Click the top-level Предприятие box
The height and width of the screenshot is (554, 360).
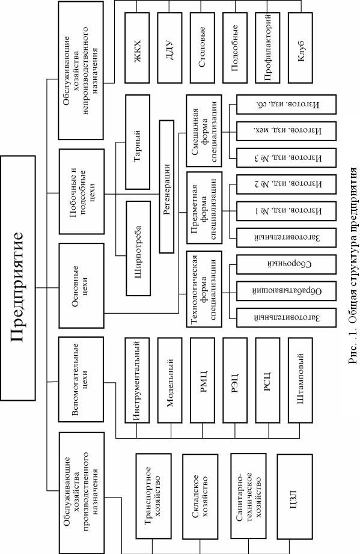pos(18,278)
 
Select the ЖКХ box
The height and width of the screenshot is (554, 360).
pos(138,48)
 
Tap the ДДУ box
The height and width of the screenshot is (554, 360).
pos(169,48)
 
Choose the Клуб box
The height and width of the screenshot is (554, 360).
pos(301,48)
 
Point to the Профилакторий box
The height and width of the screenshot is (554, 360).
pos(267,48)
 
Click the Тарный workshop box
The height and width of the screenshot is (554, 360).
pos(138,142)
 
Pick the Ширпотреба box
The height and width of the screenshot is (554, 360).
pos(138,248)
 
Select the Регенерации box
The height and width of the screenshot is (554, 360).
pos(166,186)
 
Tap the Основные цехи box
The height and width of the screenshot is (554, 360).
pos(82,285)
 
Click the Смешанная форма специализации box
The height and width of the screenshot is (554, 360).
pos(204,131)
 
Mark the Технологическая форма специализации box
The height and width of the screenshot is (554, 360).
pos(204,289)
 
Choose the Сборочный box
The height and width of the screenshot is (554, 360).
pos(286,264)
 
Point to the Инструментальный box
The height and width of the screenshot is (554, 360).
pos(138,380)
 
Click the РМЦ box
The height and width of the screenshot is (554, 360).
pos(203,380)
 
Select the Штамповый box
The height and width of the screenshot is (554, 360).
pos(301,380)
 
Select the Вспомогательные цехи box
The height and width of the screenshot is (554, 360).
pos(81,380)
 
